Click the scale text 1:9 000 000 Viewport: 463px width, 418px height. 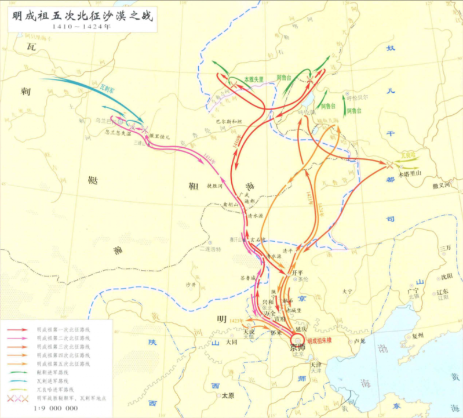(x=56, y=408)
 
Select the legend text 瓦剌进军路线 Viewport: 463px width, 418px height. (x=53, y=380)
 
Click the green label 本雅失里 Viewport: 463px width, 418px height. (x=253, y=78)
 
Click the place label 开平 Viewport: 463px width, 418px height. (x=298, y=271)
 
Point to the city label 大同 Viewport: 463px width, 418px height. (x=231, y=343)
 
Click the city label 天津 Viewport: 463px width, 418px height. (x=315, y=365)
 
